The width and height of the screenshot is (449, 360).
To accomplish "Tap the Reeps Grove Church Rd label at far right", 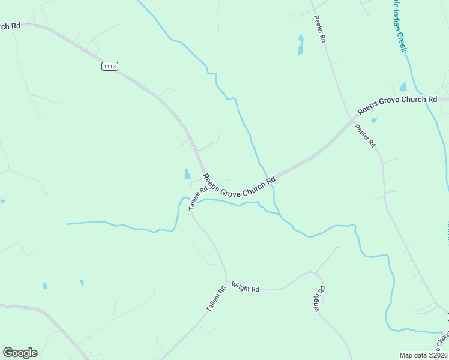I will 397,104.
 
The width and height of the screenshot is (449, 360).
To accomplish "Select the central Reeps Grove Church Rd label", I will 239,185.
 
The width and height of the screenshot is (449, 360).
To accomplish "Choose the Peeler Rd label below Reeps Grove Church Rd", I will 365,136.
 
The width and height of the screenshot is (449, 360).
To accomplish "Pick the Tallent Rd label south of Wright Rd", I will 215,298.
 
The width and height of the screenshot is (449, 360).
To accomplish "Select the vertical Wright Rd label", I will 318,299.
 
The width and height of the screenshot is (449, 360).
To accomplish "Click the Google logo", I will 20,353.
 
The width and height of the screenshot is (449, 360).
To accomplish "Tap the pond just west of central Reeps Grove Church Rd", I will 187,174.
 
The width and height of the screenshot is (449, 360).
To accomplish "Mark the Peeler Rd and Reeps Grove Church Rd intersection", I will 352,118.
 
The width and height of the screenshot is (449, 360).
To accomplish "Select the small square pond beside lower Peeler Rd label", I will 374,120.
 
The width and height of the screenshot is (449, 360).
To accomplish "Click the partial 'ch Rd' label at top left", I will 10,26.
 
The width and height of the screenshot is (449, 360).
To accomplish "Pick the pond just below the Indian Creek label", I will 403,87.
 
